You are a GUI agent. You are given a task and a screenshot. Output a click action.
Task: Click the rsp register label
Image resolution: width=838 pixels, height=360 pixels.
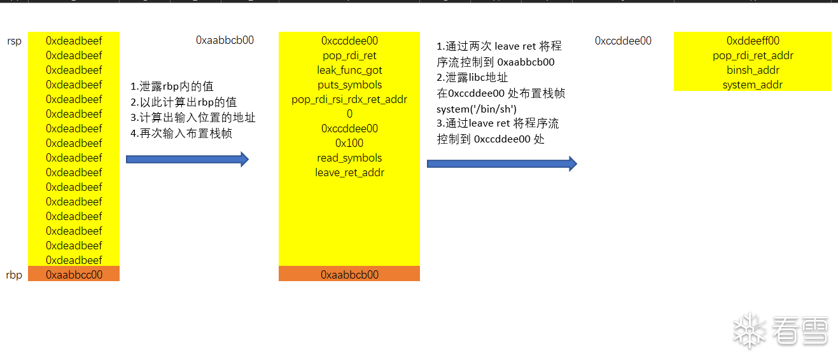13,41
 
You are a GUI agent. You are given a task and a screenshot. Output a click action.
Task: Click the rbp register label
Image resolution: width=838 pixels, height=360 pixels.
13,275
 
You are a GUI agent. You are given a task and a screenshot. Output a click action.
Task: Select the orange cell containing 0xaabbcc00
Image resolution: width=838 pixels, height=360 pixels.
74,275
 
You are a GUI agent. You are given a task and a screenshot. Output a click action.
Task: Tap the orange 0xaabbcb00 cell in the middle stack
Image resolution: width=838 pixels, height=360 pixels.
349,275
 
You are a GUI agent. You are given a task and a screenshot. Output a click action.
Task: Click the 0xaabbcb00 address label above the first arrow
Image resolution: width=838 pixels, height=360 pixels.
225,41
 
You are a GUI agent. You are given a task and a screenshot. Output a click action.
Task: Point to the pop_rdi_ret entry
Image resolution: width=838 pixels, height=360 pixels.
349,56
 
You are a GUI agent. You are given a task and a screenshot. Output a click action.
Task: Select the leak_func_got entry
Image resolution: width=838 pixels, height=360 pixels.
349,71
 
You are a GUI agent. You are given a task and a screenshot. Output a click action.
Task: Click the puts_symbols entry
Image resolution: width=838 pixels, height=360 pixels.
349,85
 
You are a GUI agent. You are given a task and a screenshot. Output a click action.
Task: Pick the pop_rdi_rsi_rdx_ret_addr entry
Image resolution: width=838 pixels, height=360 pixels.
349,100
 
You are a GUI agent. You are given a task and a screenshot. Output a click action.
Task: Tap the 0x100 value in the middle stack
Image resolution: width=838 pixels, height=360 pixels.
349,144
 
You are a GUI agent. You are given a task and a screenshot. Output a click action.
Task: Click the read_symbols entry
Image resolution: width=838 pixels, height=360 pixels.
349,158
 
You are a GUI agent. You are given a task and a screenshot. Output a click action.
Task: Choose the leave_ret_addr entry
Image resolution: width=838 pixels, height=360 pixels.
349,173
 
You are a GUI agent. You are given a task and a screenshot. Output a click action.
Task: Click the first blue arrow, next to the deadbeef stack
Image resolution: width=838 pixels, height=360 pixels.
187,160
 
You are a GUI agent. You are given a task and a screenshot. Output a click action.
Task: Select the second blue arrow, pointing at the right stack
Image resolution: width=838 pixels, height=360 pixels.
501,164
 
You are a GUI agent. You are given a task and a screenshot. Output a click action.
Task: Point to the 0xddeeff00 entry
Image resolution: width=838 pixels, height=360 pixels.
753,41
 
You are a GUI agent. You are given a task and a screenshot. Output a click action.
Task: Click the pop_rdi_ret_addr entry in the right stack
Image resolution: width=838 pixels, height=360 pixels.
753,56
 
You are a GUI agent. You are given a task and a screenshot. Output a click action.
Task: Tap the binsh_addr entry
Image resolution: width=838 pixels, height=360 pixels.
753,71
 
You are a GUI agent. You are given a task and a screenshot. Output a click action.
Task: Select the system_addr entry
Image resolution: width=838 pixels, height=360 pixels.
753,85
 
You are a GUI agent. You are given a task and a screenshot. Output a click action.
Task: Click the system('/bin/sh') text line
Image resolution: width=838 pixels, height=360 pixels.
477,109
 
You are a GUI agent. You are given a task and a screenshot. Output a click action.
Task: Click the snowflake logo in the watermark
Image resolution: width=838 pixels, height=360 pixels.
749,330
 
